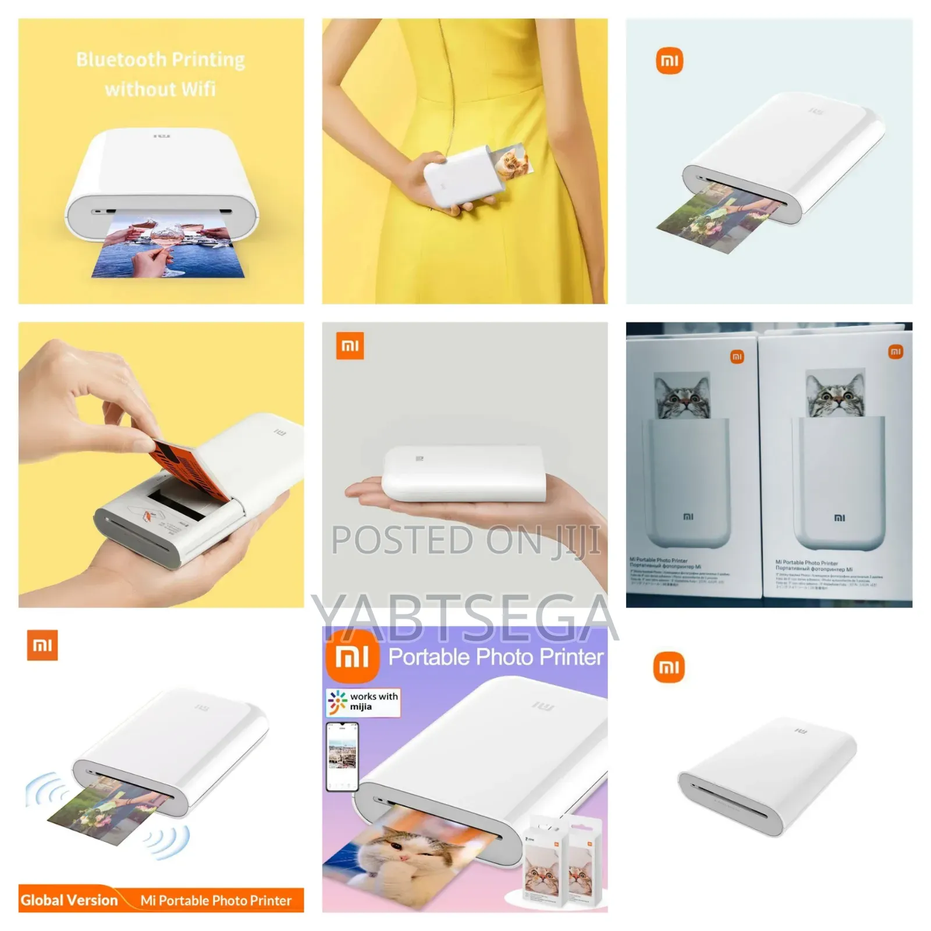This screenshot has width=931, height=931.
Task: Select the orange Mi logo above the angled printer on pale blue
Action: point(669,61)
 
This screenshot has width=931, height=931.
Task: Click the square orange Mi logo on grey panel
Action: point(350,346)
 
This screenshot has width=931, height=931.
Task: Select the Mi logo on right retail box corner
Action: point(895,351)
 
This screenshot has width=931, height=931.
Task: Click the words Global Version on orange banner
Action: point(69,900)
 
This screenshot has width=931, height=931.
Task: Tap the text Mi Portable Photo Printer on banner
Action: point(215,900)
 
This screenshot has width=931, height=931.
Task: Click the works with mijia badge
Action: point(363,702)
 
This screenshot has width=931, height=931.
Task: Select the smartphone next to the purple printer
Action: point(342,756)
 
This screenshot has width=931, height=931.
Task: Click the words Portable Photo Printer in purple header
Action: point(495,657)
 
